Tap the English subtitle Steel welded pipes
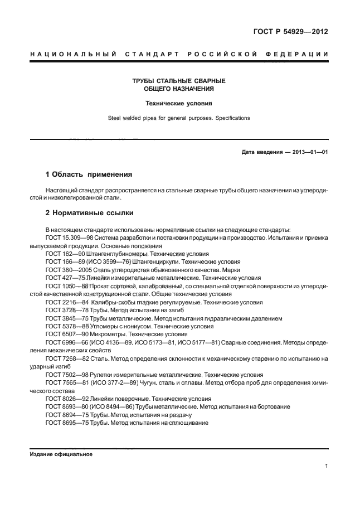click(x=179, y=118)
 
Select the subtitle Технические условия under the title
click(x=179, y=103)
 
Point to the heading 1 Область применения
click(x=88, y=174)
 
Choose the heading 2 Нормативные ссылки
click(x=89, y=213)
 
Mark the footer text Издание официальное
click(x=61, y=454)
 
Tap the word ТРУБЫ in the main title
click(x=143, y=81)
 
